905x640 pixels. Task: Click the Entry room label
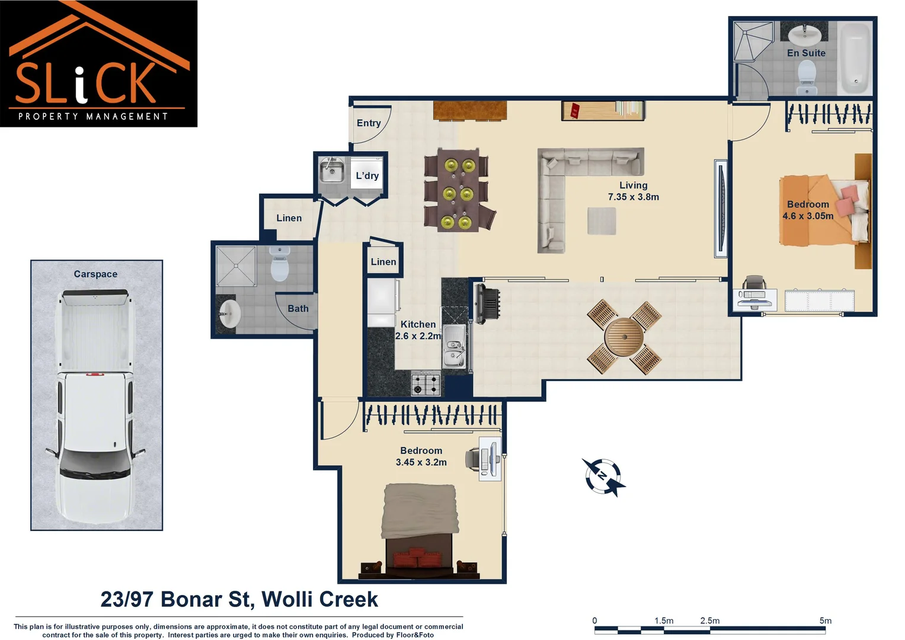(369, 123)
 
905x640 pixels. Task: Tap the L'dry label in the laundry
(367, 176)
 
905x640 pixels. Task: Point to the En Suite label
(806, 53)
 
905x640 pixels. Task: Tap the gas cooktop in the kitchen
(426, 383)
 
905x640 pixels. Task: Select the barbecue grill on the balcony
(487, 303)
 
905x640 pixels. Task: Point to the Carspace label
(95, 274)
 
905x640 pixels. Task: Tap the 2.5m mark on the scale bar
(710, 620)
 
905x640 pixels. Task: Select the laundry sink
(332, 171)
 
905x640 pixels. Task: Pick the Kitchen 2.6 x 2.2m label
(418, 330)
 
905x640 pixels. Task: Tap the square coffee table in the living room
(602, 221)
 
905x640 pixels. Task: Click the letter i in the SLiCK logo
(81, 84)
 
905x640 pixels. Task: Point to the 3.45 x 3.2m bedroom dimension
(421, 462)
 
